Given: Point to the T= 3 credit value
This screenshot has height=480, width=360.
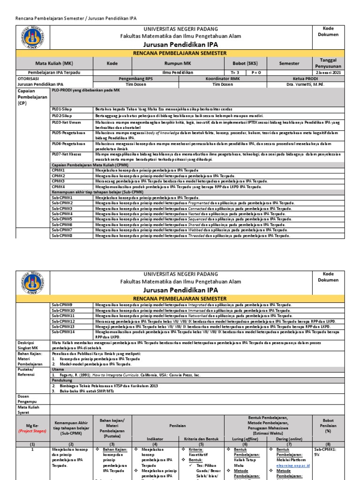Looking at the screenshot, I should [235, 73].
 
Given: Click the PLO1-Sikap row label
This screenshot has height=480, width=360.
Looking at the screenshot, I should [62, 109].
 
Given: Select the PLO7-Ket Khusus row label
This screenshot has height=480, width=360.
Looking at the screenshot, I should [65, 153].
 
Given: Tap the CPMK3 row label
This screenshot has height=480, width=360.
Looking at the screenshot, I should [58, 181].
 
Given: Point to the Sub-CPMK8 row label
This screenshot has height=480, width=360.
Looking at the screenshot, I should [62, 236].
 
